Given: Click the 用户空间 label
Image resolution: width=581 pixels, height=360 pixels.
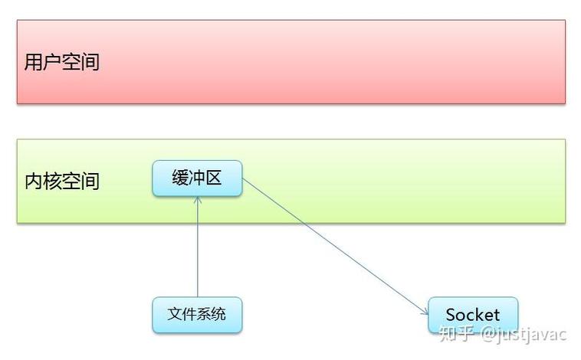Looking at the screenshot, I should coord(62,62).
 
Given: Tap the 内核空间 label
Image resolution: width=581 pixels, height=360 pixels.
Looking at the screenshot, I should coord(62,182).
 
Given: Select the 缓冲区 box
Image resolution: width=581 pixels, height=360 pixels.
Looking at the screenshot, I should coord(197,178).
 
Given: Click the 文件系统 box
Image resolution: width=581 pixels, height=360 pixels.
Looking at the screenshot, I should coord(197,314).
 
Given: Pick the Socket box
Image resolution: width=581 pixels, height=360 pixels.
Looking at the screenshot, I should coord(472,315).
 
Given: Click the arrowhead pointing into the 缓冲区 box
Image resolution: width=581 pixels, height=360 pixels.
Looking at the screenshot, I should coord(197,201).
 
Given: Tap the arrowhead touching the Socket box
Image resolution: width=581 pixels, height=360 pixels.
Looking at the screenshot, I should coord(424,311).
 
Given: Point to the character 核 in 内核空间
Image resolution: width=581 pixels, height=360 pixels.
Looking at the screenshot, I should coord(53,182).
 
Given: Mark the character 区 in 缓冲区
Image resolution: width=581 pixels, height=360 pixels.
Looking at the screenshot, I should coord(214,178).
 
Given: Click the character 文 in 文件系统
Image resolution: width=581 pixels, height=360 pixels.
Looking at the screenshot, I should coord(176,314).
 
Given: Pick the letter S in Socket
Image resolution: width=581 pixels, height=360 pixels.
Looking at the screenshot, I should coord(451,315).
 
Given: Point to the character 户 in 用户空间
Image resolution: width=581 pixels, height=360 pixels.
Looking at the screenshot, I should coord(52,62).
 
